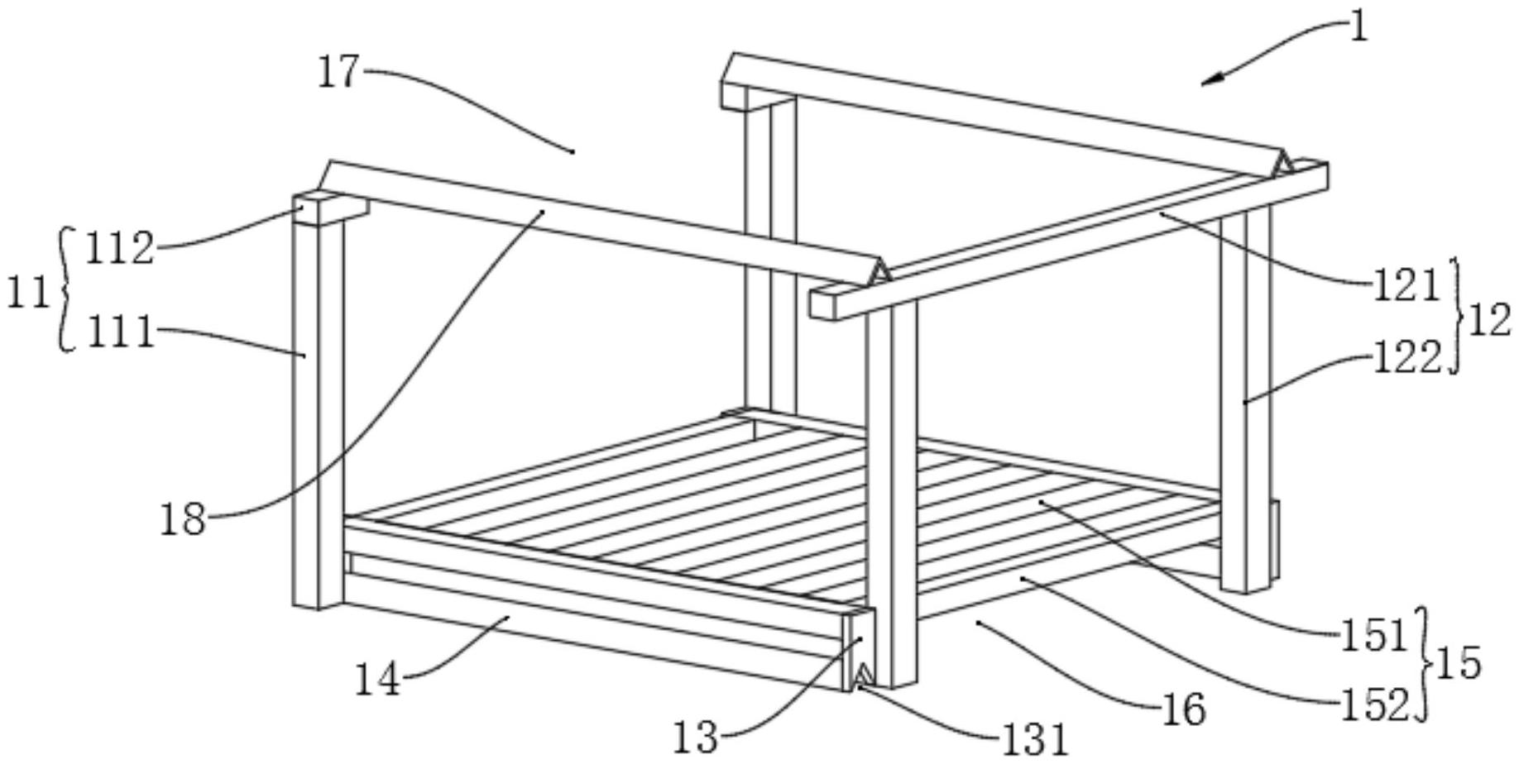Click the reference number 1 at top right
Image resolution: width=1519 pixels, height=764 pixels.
1359,27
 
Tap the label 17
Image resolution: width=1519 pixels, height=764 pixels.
339,73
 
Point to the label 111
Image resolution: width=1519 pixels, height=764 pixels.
121,333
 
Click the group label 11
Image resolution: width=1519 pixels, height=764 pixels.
27,293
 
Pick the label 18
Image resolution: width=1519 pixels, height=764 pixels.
182,520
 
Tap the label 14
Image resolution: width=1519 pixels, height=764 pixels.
377,680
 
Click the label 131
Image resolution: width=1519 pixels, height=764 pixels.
1035,739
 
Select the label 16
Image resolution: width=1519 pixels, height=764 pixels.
1184,709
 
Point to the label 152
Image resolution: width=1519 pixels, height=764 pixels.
1373,705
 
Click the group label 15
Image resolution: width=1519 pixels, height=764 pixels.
1459,664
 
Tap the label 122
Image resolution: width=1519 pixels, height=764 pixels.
1406,359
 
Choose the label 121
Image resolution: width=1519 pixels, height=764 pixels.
1406,286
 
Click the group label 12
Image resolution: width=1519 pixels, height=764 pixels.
1489,320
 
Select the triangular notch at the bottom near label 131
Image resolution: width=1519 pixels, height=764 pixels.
863,674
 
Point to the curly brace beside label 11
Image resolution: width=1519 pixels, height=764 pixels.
65,289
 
